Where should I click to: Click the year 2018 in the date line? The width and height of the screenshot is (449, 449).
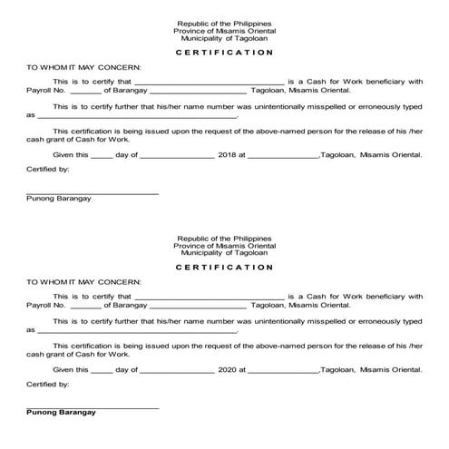(229, 155)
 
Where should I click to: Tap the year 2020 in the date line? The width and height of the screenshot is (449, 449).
(229, 370)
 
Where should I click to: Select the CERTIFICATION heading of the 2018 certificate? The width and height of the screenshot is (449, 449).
(224, 53)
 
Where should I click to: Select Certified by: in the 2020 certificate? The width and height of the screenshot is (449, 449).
(48, 385)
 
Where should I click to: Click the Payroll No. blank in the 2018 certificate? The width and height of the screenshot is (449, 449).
(85, 93)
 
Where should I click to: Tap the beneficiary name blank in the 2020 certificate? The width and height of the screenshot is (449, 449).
(210, 297)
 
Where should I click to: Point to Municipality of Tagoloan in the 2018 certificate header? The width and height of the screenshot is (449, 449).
(224, 37)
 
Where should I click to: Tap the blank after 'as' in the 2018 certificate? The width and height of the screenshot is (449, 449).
(136, 117)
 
